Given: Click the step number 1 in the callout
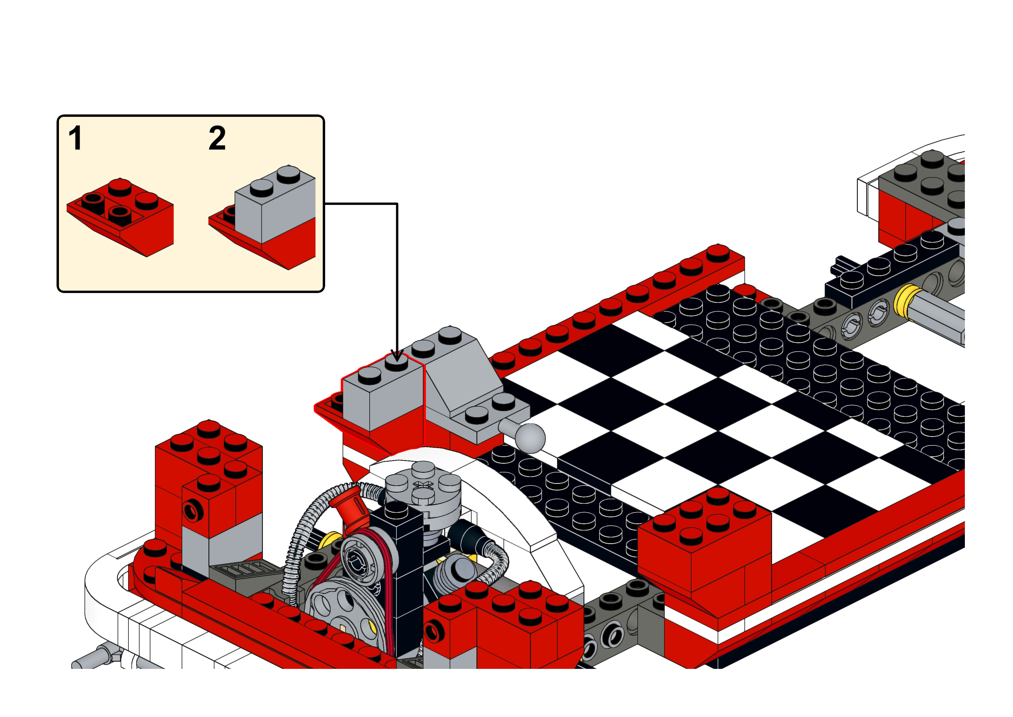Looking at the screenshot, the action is pyautogui.click(x=75, y=138).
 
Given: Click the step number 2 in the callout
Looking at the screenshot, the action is pyautogui.click(x=217, y=138).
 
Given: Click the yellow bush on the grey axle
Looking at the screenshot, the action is pyautogui.click(x=907, y=303).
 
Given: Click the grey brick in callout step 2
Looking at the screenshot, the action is pyautogui.click(x=275, y=204).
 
